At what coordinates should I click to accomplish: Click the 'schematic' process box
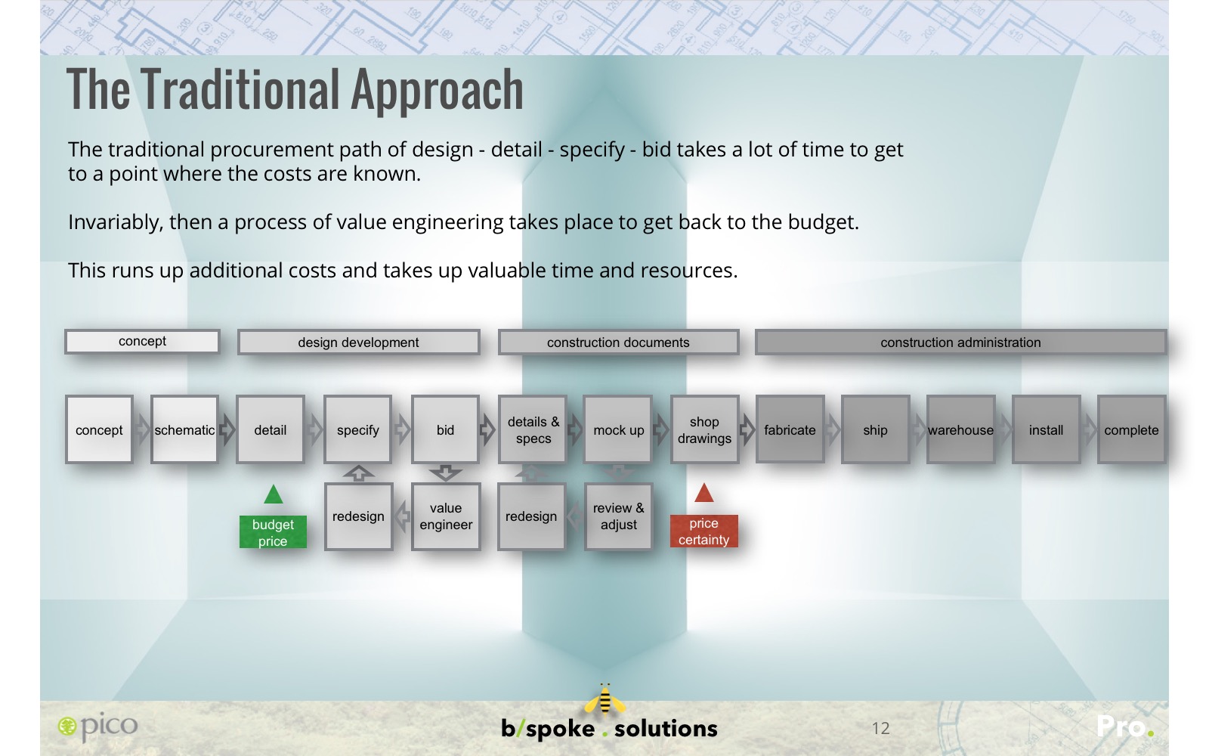tap(184, 430)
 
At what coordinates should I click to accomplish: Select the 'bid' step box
tap(445, 430)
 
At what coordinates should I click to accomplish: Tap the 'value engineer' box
tap(446, 517)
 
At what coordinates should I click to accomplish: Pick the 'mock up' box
tap(619, 430)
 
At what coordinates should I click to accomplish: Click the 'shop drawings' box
tap(705, 430)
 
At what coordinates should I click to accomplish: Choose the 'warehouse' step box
tap(960, 430)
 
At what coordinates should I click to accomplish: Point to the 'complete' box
tap(1132, 430)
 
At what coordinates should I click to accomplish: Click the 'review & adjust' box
tap(619, 517)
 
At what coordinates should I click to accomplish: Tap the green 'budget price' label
tap(273, 532)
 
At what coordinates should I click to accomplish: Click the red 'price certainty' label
tap(703, 531)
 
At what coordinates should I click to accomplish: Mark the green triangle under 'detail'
tap(273, 495)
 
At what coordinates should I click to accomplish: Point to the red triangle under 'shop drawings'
tap(703, 494)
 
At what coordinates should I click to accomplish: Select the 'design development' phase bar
tap(358, 342)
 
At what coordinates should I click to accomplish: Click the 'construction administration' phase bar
tap(960, 342)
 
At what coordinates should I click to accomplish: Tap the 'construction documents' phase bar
tap(619, 342)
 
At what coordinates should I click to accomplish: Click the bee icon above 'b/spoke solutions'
tap(605, 700)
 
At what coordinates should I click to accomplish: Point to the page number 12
tap(881, 729)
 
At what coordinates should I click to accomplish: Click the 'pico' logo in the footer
tap(97, 727)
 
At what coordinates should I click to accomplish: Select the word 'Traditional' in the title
tap(241, 90)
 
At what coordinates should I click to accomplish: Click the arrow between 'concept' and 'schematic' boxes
tap(142, 430)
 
